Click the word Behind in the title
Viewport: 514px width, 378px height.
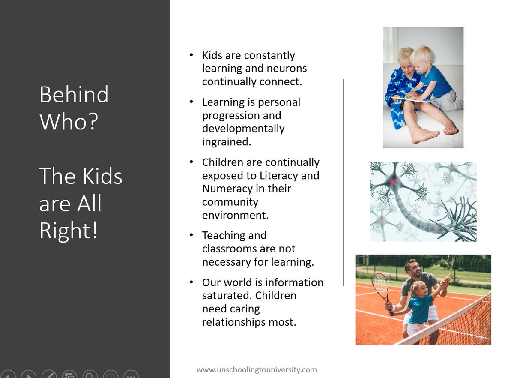click(x=74, y=94)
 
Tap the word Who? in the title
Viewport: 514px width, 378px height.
click(x=69, y=122)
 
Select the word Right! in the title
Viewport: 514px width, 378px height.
click(x=69, y=231)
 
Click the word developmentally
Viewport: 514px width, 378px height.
click(x=243, y=128)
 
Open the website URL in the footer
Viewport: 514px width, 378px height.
click(x=257, y=369)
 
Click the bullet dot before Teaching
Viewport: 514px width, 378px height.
click(x=191, y=236)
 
